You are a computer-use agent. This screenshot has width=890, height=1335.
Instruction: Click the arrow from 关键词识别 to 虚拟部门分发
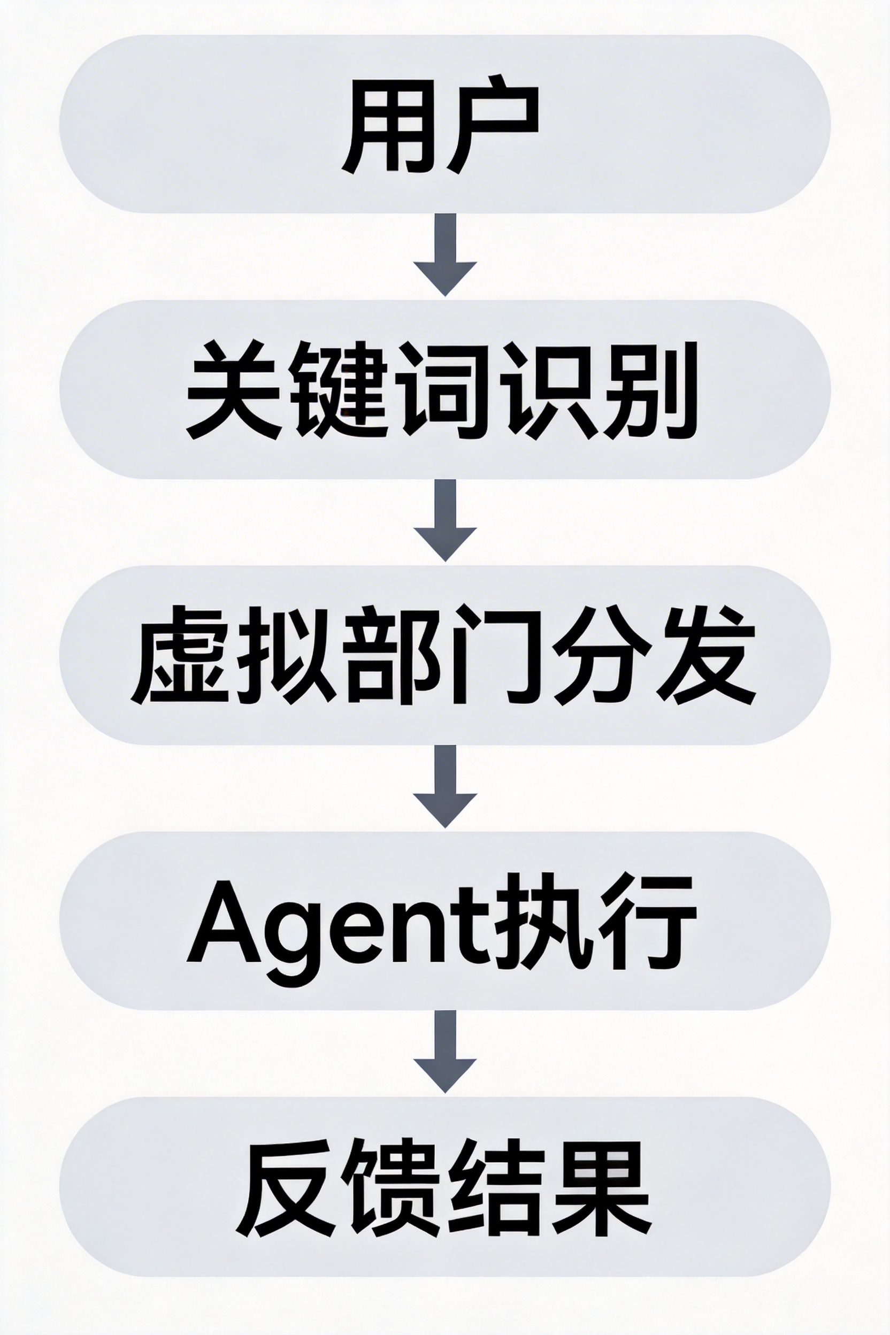pos(445,519)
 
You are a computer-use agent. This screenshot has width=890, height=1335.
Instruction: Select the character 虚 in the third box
pos(180,655)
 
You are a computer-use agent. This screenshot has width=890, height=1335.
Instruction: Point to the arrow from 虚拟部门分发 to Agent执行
pos(445,785)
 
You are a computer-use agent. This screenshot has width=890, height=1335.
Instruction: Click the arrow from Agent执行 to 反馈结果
pos(445,1050)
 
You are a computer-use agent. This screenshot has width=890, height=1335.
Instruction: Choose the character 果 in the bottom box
pos(602,1186)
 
